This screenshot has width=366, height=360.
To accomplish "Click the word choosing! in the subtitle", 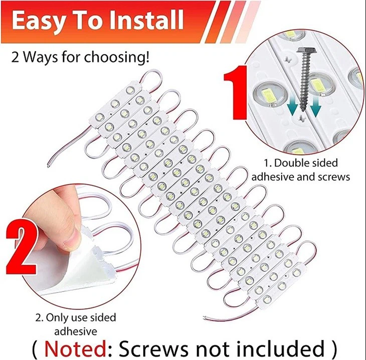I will pyautogui.click(x=117, y=57).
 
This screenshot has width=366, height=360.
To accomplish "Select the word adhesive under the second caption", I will pyautogui.click(x=76, y=330).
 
